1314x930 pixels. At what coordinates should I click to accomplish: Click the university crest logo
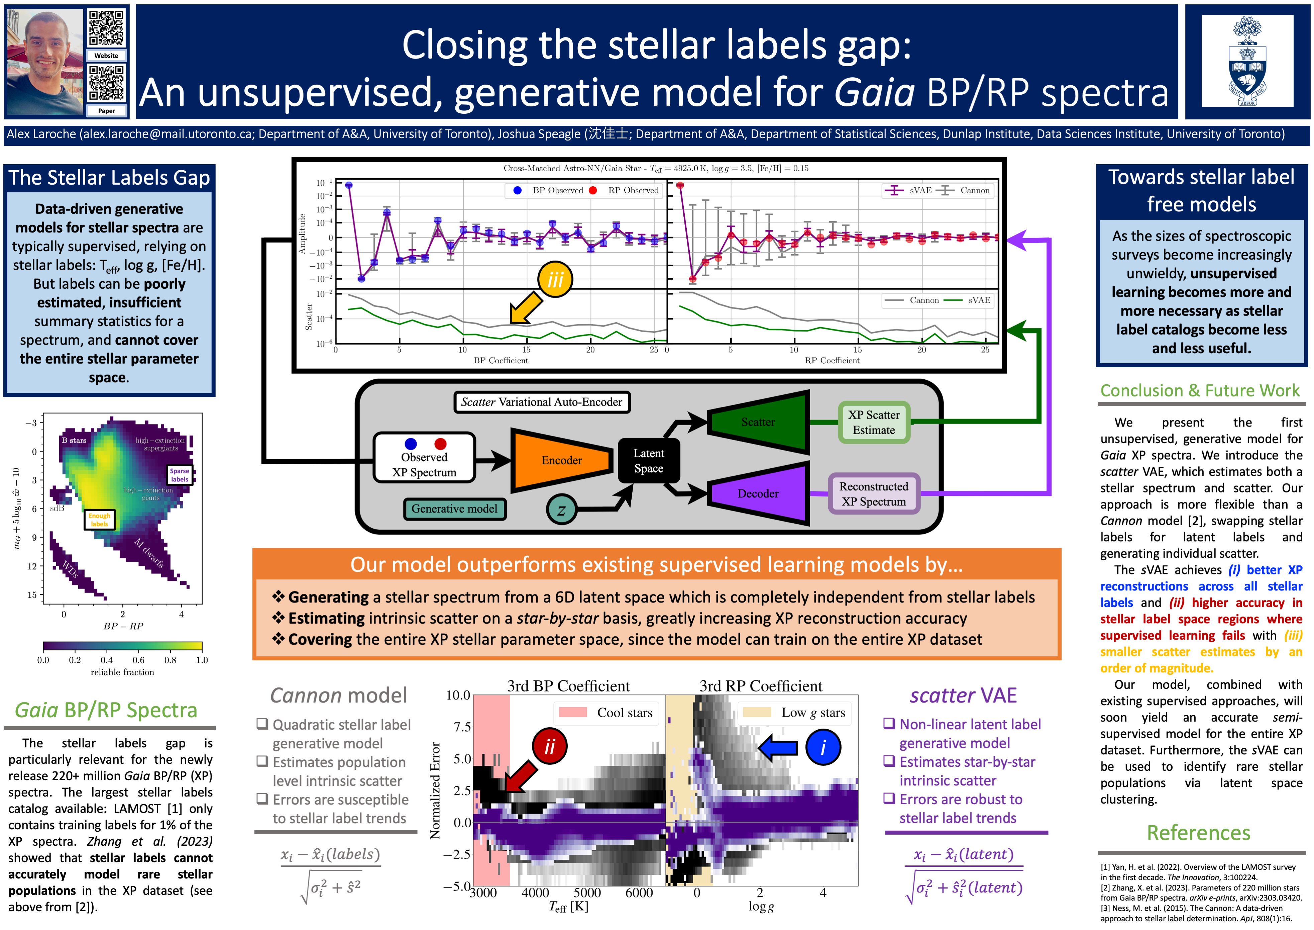pyautogui.click(x=1247, y=61)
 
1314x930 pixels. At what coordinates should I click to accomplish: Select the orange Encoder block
pyautogui.click(x=561, y=460)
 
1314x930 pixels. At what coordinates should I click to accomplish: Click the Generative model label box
pyautogui.click(x=454, y=508)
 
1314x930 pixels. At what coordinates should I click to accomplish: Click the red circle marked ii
pyautogui.click(x=549, y=746)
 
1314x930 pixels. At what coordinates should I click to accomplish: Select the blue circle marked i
pyautogui.click(x=823, y=747)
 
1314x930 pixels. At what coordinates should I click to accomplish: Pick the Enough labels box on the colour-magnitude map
pyautogui.click(x=99, y=520)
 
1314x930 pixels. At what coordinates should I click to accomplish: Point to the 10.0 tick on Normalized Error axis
pyautogui.click(x=458, y=695)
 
